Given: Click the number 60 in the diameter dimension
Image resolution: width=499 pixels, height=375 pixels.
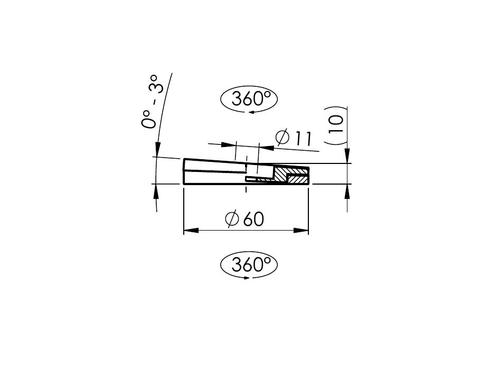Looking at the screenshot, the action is tap(253, 219).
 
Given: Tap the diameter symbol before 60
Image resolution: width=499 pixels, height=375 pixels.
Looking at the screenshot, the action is tap(232, 219).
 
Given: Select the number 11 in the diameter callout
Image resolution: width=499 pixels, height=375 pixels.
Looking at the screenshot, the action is tap(303, 138).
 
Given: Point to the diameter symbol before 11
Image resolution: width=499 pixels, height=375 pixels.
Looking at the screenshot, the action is tap(283, 136).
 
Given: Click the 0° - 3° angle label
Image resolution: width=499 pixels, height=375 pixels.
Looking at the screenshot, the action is tap(153, 102).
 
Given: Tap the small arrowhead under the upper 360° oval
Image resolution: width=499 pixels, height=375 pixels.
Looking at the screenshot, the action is tap(252, 112).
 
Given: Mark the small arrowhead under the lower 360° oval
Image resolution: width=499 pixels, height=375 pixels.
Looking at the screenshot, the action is tap(247, 278).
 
